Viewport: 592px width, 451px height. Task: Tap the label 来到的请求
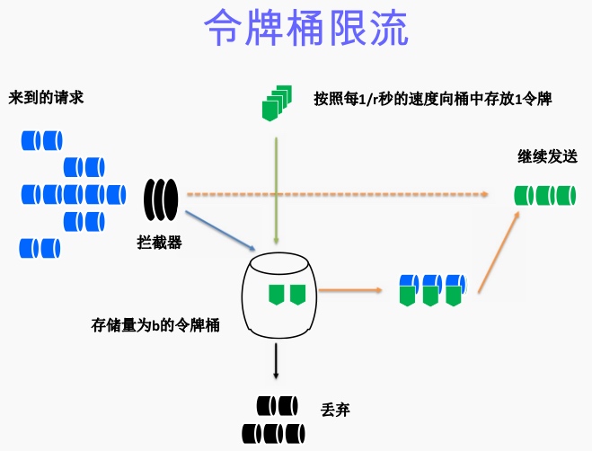(x=47, y=97)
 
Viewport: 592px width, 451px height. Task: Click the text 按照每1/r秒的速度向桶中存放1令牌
(x=432, y=98)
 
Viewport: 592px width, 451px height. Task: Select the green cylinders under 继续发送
(x=544, y=194)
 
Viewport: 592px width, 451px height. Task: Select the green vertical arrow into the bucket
(x=277, y=189)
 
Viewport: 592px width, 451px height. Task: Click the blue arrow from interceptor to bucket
(x=224, y=230)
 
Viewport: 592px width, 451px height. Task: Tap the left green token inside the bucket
(x=276, y=293)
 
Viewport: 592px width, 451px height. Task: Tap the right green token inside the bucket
(x=297, y=293)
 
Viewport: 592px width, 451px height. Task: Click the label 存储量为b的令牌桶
(x=155, y=324)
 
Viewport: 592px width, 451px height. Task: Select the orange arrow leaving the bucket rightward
(x=350, y=290)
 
